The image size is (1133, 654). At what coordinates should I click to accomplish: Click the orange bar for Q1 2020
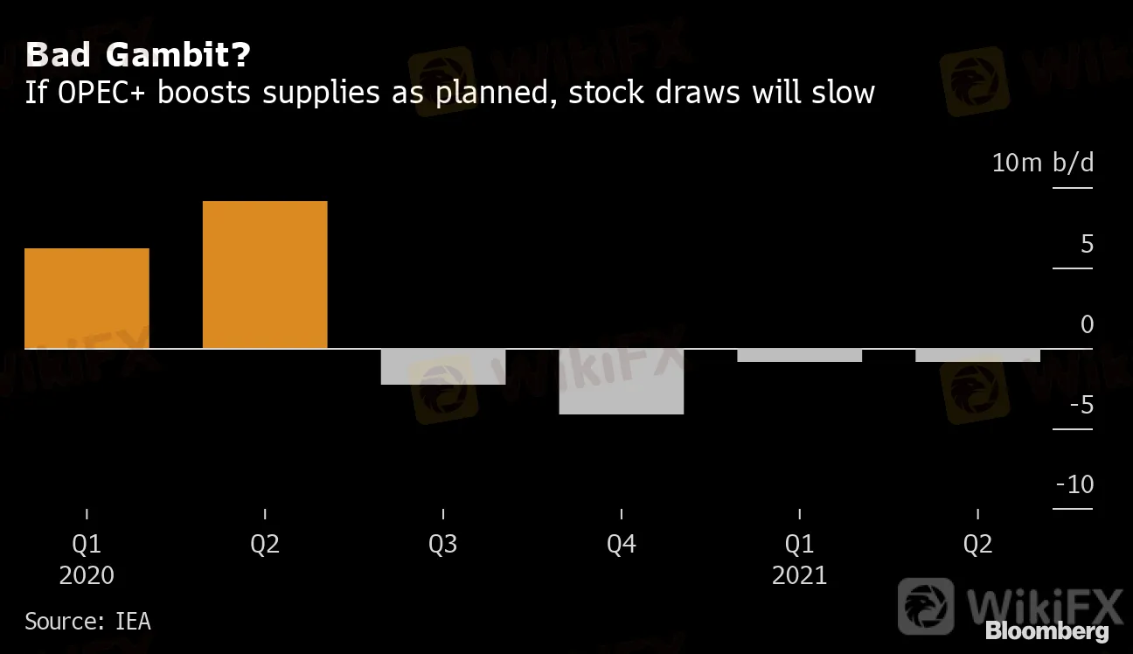pos(87,298)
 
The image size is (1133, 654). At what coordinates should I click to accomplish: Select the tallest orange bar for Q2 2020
pos(265,275)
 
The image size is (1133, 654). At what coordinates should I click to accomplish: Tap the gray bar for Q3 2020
pos(443,366)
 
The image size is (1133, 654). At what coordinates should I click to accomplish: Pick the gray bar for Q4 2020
pos(622,381)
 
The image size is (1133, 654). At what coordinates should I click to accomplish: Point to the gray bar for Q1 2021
pos(799,355)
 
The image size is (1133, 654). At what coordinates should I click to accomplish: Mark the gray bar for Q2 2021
pos(977,355)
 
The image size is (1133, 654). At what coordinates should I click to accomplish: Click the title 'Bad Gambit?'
pos(138,56)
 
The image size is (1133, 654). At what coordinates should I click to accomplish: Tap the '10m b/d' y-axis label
pos(1043,163)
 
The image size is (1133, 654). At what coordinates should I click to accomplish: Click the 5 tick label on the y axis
pos(1087,244)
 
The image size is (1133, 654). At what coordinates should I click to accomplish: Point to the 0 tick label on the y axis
pos(1087,324)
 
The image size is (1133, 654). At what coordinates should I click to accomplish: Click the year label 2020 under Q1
pos(87,574)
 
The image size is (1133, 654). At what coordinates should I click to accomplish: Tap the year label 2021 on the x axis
pos(799,574)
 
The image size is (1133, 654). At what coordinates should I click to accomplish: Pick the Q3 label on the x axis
pos(443,545)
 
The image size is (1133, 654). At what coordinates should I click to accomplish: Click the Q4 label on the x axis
pos(622,545)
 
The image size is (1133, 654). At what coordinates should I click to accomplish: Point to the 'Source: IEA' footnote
pos(87,622)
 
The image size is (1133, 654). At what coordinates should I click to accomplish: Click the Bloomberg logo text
pos(1046,631)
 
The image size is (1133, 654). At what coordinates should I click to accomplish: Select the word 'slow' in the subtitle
pos(840,92)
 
